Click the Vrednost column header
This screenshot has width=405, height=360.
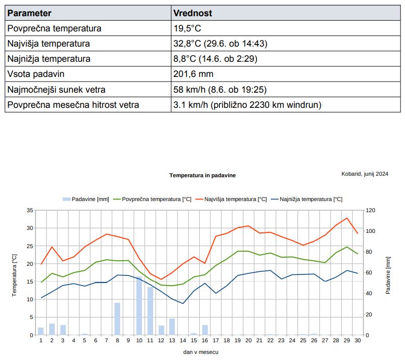click(193, 13)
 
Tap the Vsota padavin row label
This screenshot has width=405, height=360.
click(36, 74)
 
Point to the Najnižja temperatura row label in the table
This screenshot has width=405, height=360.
click(49, 59)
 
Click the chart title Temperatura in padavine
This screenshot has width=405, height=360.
click(202, 175)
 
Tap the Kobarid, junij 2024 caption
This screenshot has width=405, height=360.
click(365, 174)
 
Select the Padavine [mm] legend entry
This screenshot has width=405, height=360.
click(86, 199)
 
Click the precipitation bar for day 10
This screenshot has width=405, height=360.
click(139, 306)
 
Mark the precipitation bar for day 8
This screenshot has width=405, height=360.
click(117, 319)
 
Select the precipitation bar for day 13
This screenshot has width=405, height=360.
click(172, 327)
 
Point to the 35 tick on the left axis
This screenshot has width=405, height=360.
click(30, 210)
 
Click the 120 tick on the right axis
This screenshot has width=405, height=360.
click(370, 210)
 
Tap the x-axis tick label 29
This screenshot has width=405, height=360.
click(347, 341)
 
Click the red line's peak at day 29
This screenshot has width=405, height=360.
click(347, 218)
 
